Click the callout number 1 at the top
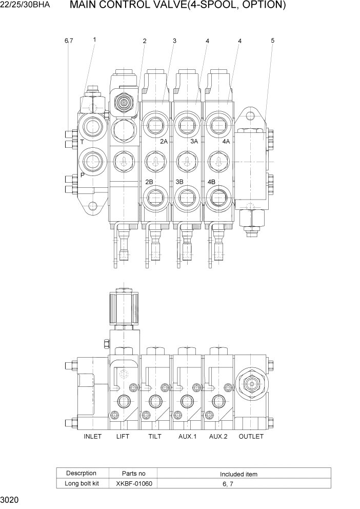[94, 39]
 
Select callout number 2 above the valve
[145, 41]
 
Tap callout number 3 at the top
[174, 41]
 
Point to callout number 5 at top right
[272, 41]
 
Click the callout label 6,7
[69, 41]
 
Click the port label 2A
[164, 141]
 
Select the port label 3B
[179, 182]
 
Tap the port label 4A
[226, 141]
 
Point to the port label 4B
[211, 182]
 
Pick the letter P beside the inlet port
[82, 175]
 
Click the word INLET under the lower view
[93, 437]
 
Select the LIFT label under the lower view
[123, 437]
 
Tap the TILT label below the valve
[154, 437]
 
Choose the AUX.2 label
[218, 437]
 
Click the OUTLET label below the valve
[251, 437]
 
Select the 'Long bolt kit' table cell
[81, 483]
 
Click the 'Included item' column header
[238, 474]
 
